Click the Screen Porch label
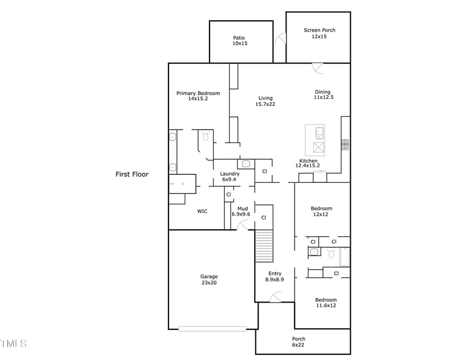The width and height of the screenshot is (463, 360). coord(319,30)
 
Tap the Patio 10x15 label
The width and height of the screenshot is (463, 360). coord(240,41)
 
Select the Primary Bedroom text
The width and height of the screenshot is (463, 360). coord(198,93)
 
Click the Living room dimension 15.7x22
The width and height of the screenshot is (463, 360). coord(265,104)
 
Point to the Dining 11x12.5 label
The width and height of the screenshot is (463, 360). coord(324,94)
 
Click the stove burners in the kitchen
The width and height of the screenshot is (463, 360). coord(345,145)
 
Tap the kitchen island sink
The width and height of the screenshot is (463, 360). coord(319,133)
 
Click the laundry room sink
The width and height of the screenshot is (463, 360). coord(246,164)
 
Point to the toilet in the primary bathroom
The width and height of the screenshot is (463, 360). coord(205,136)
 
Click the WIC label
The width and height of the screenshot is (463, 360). coord(202,211)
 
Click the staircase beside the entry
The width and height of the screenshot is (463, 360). coord(264,246)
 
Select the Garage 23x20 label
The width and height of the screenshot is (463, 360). coord(209,280)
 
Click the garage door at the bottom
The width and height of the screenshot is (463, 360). coord(212,329)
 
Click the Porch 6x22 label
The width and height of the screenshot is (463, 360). coord(298,341)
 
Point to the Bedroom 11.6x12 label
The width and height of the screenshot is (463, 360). coord(326,303)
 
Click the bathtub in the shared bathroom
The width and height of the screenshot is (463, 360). coord(344,257)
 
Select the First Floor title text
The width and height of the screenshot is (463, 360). coord(132,174)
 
